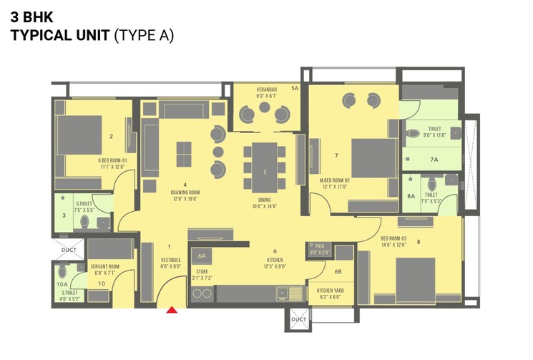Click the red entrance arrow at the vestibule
click(x=172, y=310)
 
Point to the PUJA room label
click(x=319, y=246)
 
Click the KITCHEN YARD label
click(x=330, y=291)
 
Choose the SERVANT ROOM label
click(x=104, y=266)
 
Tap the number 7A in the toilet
click(x=434, y=160)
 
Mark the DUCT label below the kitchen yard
click(x=298, y=319)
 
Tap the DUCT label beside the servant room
click(x=69, y=250)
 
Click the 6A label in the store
click(x=201, y=256)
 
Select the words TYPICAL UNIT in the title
click(x=60, y=34)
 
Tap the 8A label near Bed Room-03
click(x=411, y=195)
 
